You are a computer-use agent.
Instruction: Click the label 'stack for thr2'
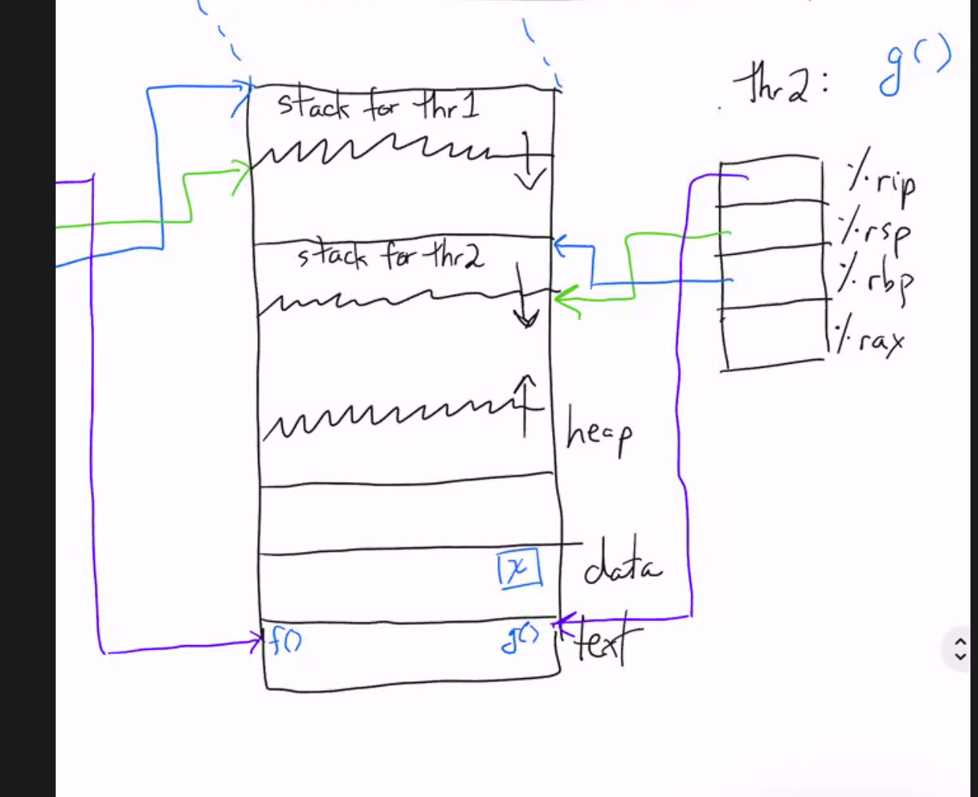[x=390, y=255]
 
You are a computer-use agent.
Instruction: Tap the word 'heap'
[x=599, y=431]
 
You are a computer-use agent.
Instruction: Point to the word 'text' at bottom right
[x=607, y=639]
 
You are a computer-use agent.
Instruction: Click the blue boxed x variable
[x=519, y=568]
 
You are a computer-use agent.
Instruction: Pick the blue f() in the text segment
[x=284, y=641]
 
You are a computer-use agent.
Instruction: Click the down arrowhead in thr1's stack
[x=530, y=180]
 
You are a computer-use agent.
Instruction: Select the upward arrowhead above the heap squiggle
[x=525, y=381]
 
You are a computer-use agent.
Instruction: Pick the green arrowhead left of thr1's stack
[x=242, y=176]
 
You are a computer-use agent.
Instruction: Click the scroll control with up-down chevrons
[x=961, y=649]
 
